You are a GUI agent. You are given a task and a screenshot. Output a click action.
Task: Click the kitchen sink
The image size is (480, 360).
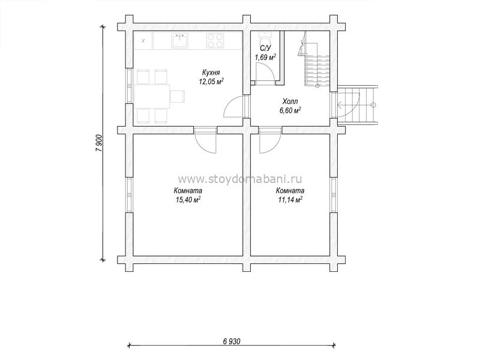tap(179, 41)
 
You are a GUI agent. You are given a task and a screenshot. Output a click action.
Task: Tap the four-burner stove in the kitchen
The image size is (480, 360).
tap(215, 41)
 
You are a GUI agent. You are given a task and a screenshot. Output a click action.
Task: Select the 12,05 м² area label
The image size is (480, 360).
tap(211, 82)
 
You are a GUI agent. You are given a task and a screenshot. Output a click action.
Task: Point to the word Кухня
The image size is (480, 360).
tap(211, 73)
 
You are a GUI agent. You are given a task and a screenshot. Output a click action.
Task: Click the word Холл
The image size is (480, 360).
tap(290, 101)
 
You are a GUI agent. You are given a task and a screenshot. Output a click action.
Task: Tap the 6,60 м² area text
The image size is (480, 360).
tap(290, 110)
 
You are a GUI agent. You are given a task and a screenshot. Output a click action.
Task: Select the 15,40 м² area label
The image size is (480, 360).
tap(188, 200)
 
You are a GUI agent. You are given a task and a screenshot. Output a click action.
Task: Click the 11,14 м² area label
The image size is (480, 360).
tap(290, 200)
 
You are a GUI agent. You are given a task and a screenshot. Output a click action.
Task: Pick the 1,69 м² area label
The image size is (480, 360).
tap(265, 57)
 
